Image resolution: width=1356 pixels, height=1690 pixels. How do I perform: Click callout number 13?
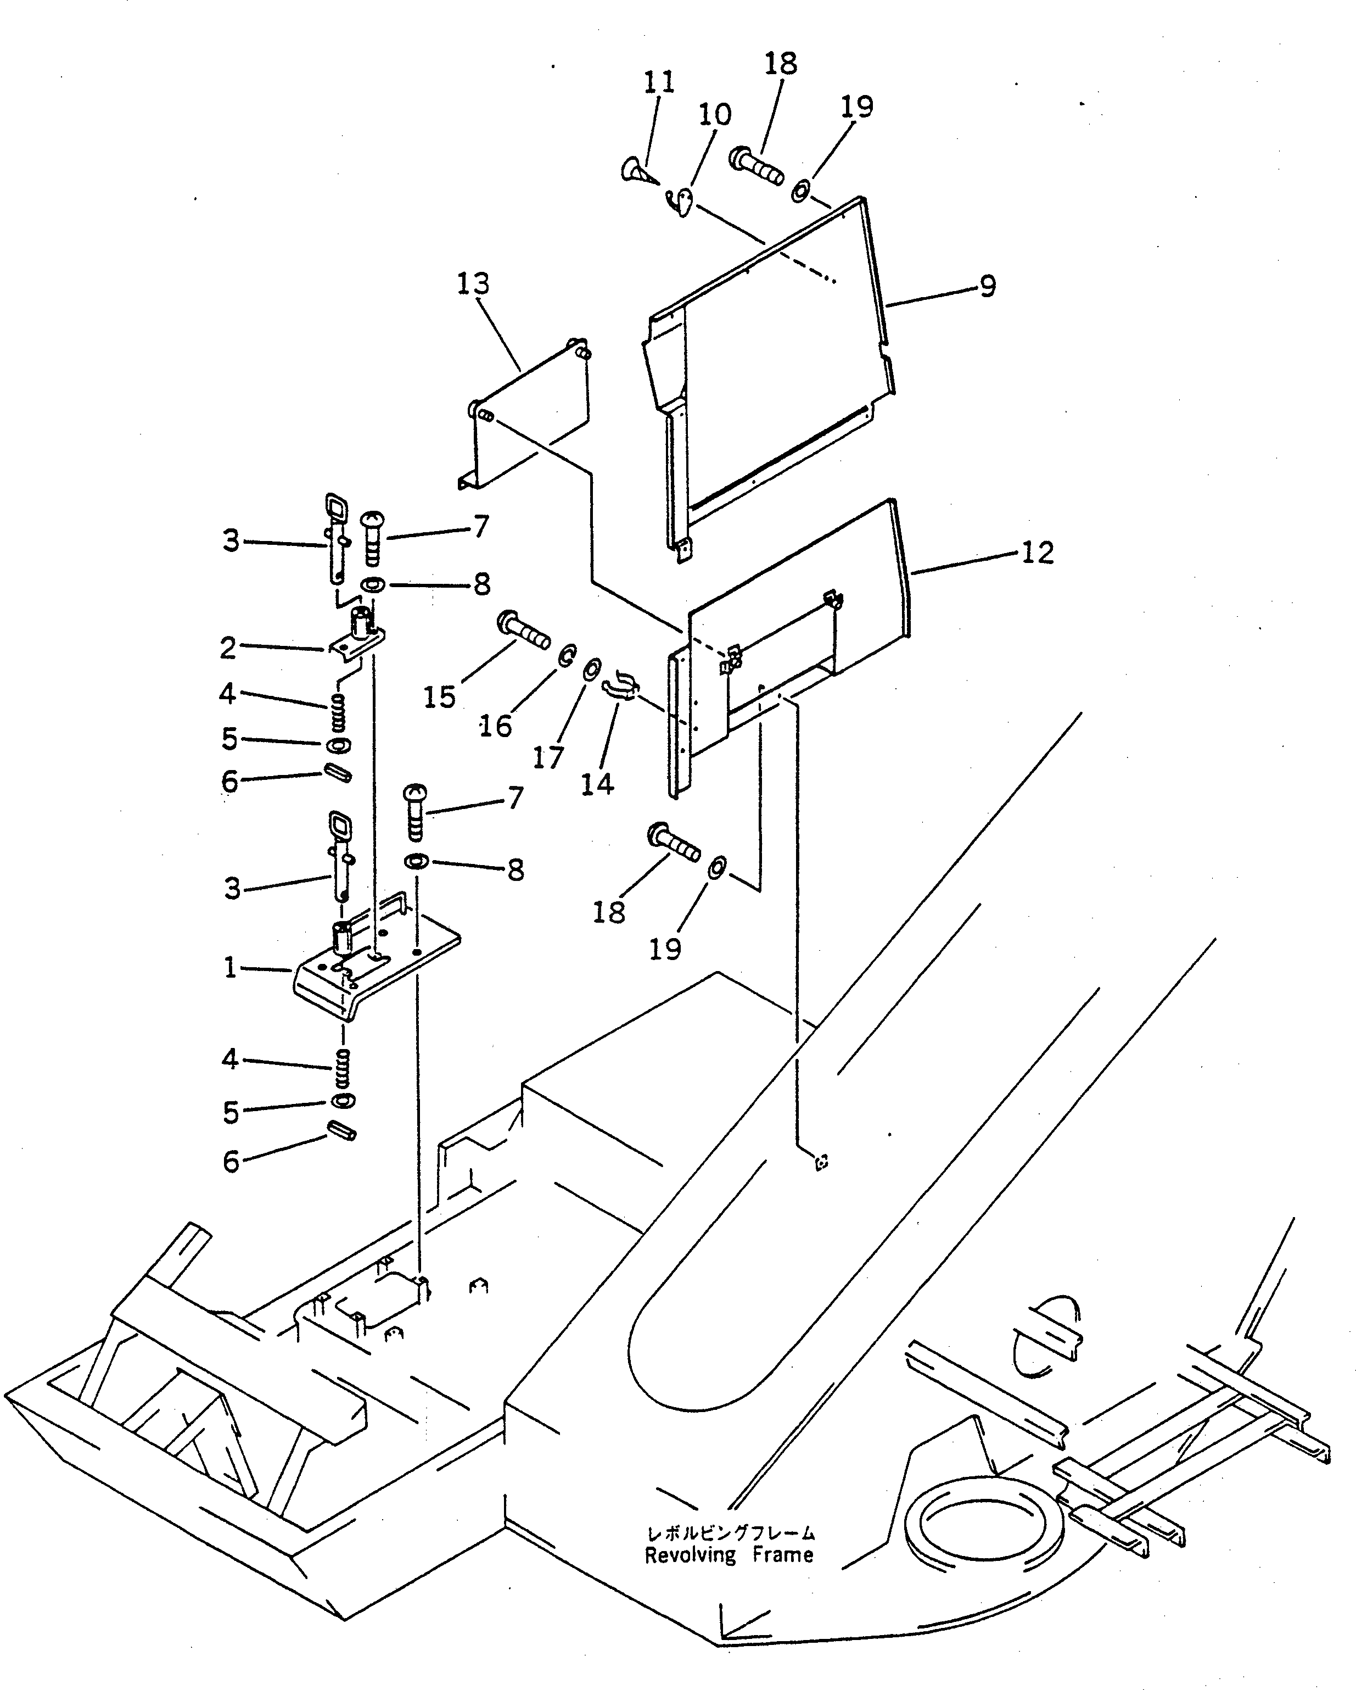pyautogui.click(x=473, y=284)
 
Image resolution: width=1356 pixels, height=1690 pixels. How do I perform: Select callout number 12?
pyautogui.click(x=1038, y=554)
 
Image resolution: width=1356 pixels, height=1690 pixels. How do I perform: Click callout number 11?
pyautogui.click(x=659, y=82)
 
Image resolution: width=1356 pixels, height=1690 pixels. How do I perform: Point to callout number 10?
pyautogui.click(x=714, y=114)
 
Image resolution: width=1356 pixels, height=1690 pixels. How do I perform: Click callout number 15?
pyautogui.click(x=440, y=697)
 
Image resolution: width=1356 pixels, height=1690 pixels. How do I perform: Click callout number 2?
pyautogui.click(x=228, y=648)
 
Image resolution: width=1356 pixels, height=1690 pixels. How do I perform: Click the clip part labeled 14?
pyautogui.click(x=622, y=688)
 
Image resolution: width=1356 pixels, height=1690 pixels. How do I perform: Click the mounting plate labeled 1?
pyautogui.click(x=376, y=960)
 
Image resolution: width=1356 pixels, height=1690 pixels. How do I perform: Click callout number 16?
pyautogui.click(x=496, y=727)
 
